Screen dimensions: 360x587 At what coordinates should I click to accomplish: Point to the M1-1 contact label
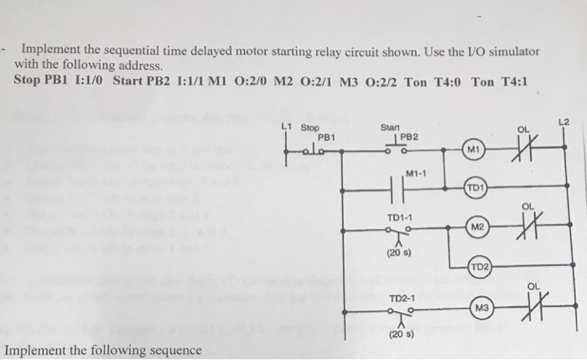coord(415,174)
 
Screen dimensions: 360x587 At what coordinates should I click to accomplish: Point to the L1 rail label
coord(286,127)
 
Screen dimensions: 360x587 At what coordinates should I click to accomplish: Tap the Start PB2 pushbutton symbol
coord(394,149)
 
